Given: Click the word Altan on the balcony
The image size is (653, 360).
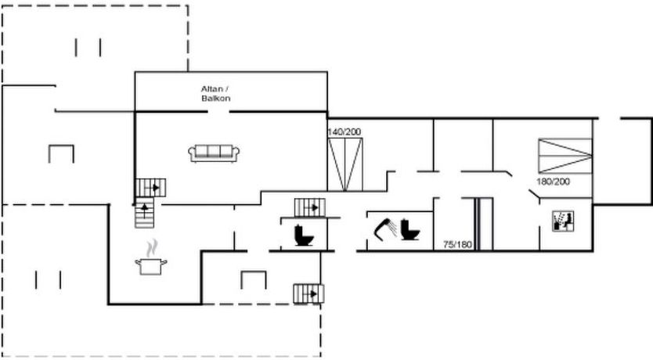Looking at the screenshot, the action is pos(212,89).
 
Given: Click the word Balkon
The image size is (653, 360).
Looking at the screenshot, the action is pos(216,99).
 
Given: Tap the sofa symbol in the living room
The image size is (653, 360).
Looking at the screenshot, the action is pos(214,153).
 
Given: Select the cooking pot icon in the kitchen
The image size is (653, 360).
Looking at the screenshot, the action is pos(151,266).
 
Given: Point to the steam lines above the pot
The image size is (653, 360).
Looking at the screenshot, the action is pos(152,248).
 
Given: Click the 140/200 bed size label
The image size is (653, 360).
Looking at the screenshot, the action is pos(345,132).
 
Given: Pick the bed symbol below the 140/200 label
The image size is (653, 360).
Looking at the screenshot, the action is pos(345,164).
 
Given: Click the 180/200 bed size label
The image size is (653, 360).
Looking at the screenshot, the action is pos(553,182).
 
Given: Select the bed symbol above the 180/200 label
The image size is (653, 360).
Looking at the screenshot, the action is pos(565,156).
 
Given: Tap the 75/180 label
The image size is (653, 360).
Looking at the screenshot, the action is pos(458,245).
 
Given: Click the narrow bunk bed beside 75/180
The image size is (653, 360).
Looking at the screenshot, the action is pos(484,224).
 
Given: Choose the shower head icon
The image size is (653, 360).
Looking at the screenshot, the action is pos(384,229).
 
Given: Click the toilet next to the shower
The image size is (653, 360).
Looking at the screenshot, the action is pos(410,229).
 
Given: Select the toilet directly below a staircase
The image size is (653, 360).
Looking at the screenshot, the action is pos(304,235).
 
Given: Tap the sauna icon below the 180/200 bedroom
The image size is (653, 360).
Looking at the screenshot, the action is pos(563,221).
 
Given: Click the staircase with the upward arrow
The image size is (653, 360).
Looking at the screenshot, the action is pos(145,213).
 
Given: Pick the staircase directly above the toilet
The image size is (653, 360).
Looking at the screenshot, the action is pos(309,207).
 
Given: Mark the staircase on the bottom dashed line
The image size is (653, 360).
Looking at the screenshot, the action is pos(308,293).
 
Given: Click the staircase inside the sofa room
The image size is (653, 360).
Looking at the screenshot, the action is pos(151,188).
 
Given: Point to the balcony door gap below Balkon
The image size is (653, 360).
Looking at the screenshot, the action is pos(218,112).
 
